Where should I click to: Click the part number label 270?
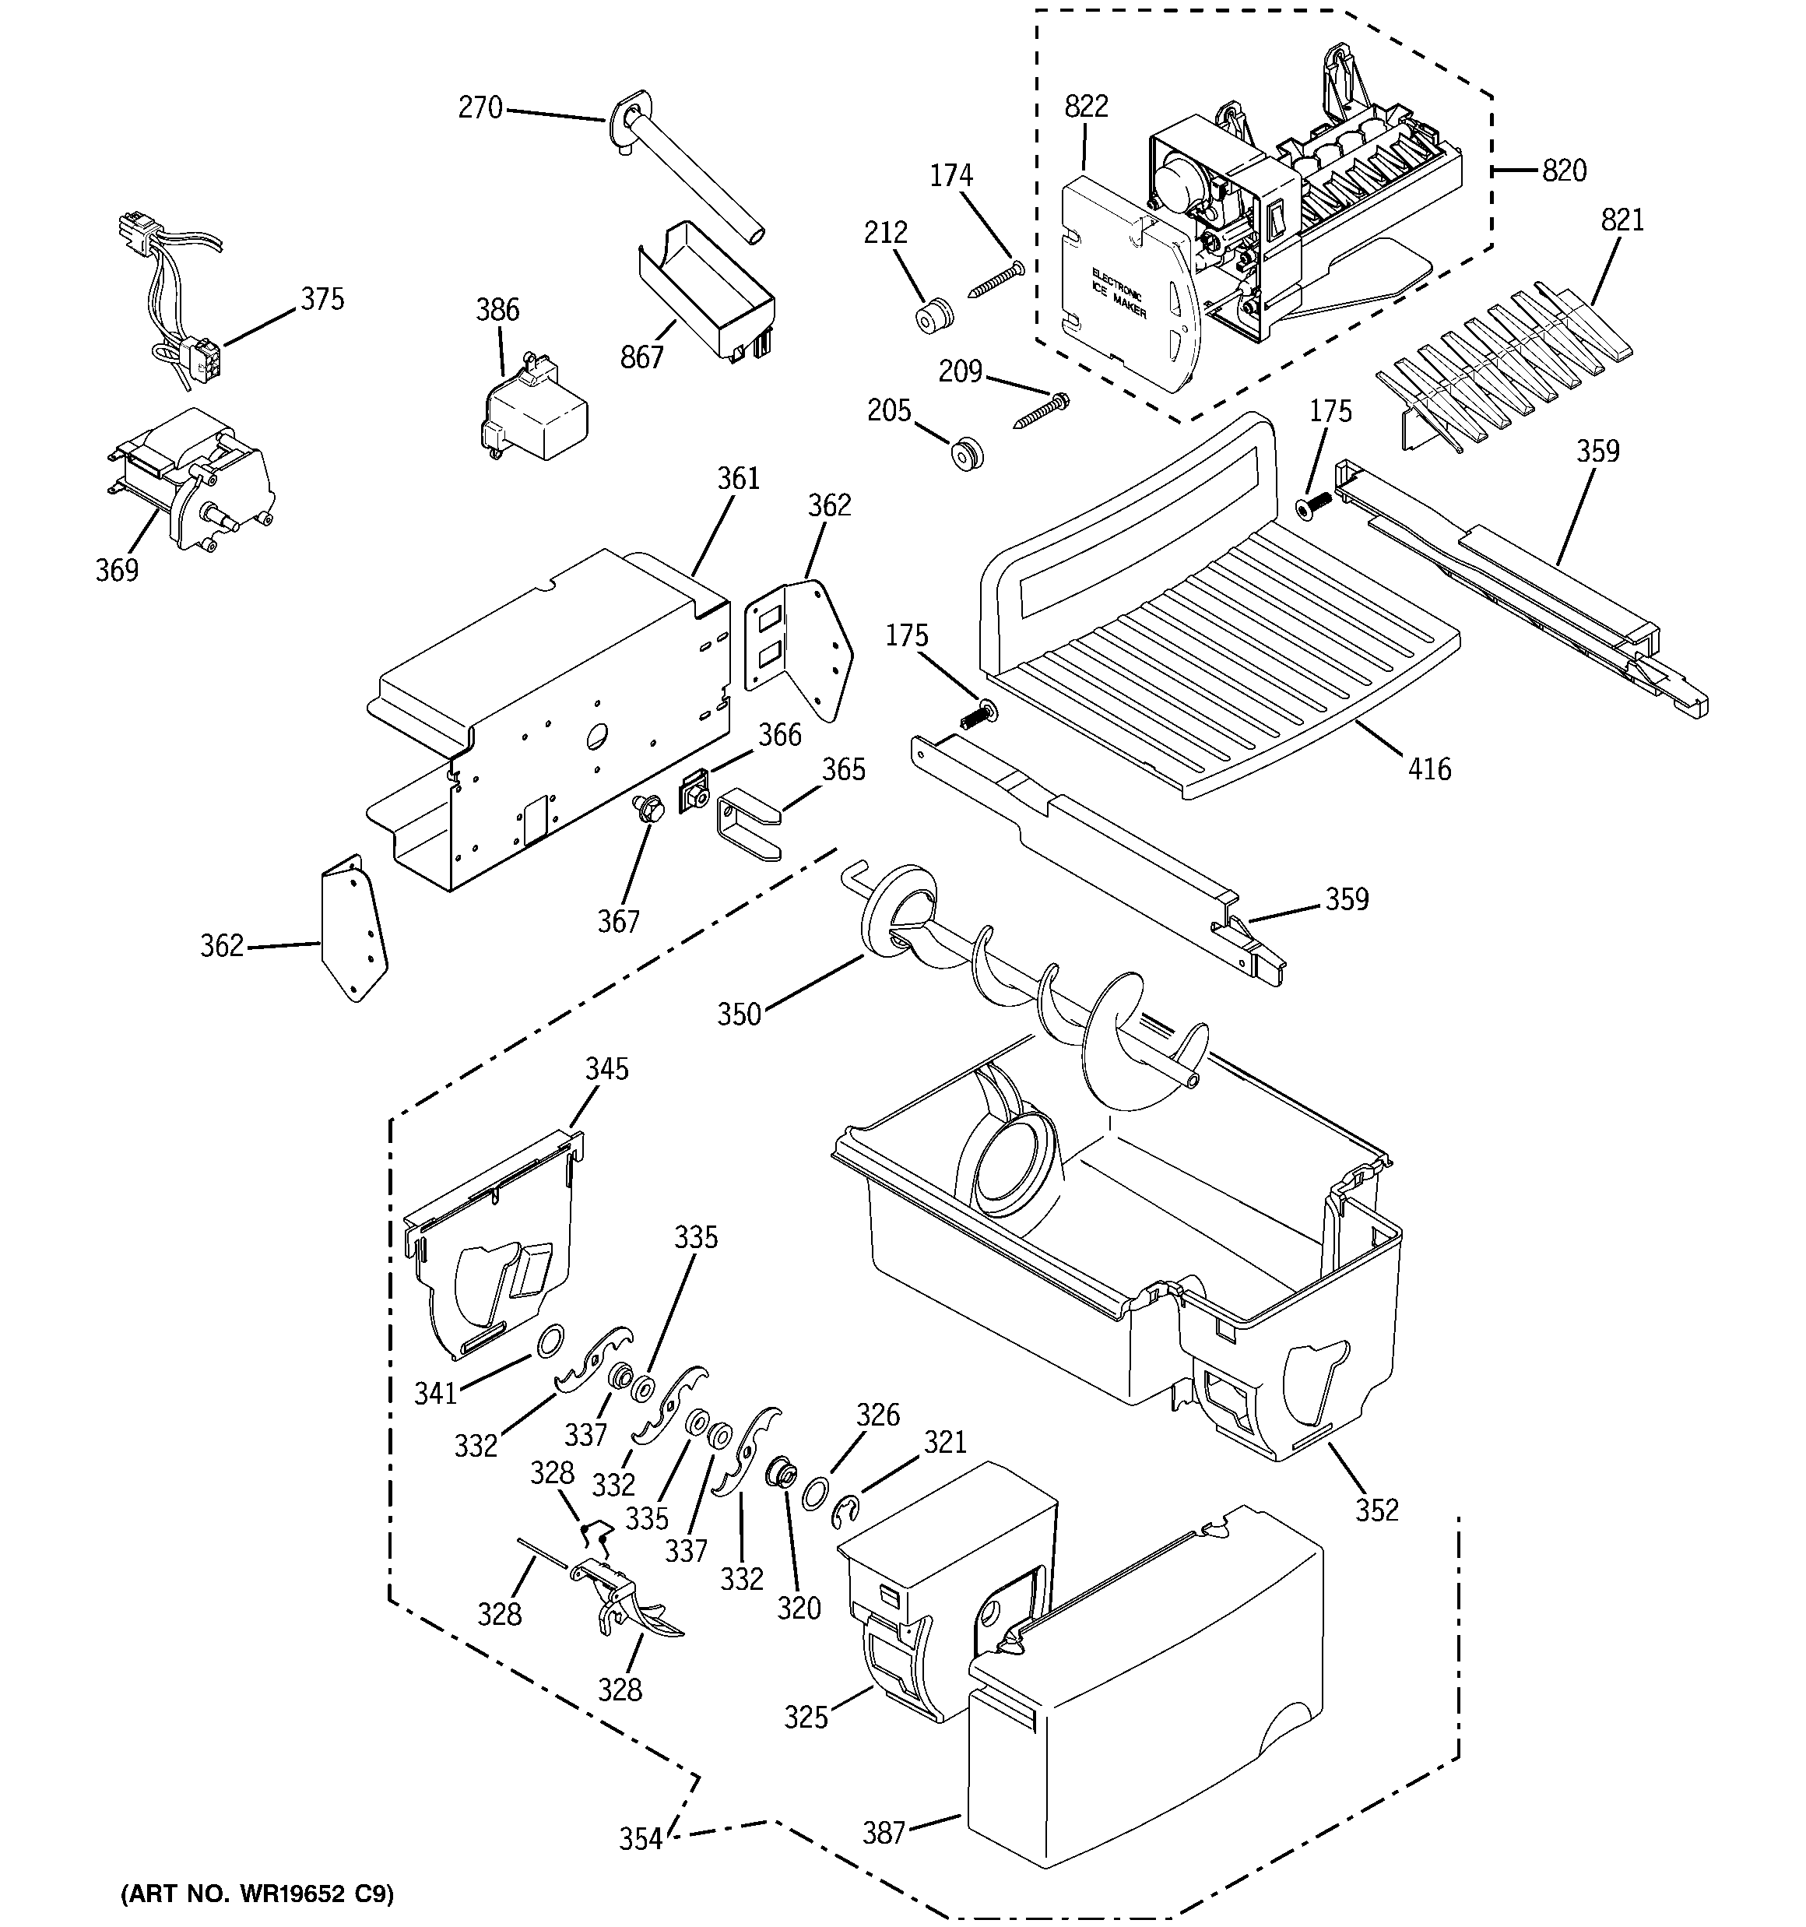tap(480, 107)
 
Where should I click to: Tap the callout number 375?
tap(321, 300)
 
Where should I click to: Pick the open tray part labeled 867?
tap(708, 290)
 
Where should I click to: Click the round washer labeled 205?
tap(965, 454)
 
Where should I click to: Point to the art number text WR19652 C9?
tap(257, 1894)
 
